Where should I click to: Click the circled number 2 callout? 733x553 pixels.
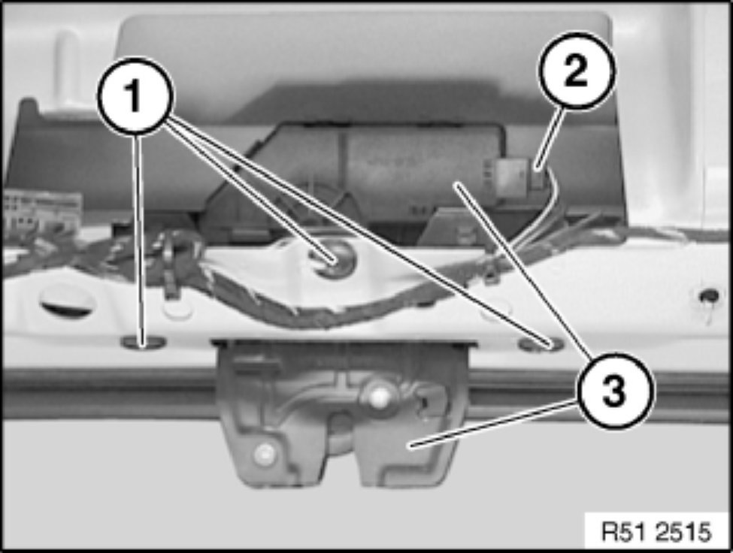coord(575,71)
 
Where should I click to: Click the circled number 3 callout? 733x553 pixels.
coord(613,391)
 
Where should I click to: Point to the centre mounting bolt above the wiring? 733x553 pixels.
coord(335,256)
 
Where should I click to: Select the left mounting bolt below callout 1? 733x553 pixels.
coord(144,343)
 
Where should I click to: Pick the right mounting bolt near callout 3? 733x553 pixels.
coord(541,345)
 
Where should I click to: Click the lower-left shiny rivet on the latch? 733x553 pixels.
coord(264,452)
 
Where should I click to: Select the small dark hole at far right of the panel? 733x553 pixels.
coord(709,296)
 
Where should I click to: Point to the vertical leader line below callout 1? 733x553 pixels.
coord(139,239)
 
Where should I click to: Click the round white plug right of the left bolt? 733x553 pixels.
coord(177,310)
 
